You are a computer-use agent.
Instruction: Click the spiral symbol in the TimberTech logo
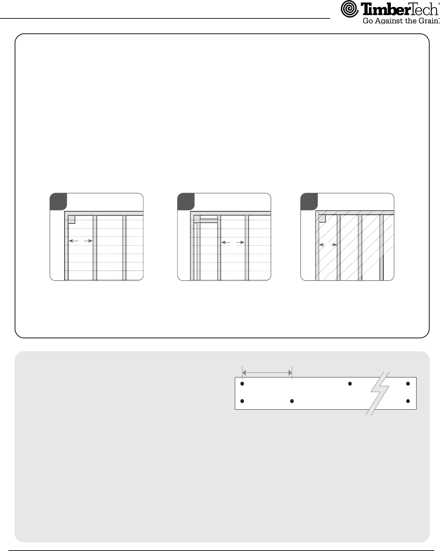click(x=349, y=9)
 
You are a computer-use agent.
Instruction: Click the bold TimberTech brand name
click(x=399, y=9)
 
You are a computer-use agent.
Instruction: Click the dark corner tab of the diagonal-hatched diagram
click(x=309, y=202)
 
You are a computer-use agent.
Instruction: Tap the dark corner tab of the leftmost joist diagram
click(x=58, y=202)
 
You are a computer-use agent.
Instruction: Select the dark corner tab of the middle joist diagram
click(x=186, y=202)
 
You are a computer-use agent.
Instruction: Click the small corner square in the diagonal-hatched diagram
click(x=322, y=218)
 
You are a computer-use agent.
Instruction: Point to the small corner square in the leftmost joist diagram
click(x=71, y=219)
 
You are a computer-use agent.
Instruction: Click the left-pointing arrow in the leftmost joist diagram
click(x=73, y=241)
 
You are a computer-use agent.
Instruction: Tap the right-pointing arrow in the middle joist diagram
click(x=241, y=242)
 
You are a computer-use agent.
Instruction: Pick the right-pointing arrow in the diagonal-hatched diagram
click(x=334, y=245)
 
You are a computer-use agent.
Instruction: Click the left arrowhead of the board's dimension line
click(x=244, y=373)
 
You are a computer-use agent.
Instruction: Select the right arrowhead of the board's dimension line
click(x=290, y=373)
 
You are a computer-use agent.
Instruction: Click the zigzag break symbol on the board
click(x=378, y=394)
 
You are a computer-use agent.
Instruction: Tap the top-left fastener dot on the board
click(x=242, y=384)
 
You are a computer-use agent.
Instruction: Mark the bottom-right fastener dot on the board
click(x=408, y=401)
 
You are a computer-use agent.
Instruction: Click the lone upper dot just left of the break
click(x=350, y=384)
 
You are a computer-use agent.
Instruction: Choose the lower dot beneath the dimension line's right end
click(x=292, y=401)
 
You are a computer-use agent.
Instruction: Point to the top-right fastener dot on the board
click(x=408, y=384)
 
